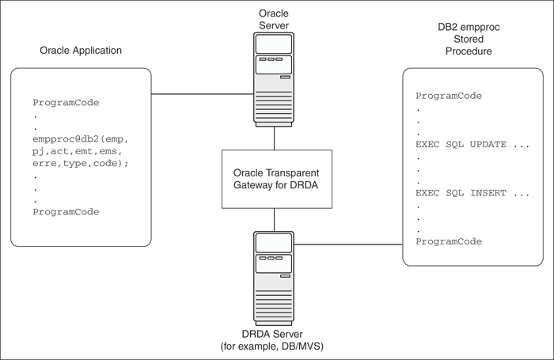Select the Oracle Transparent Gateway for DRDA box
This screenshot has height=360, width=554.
coord(275,179)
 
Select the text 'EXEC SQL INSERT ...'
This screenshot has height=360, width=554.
coord(472,192)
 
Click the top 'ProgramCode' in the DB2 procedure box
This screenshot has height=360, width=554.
coord(449,96)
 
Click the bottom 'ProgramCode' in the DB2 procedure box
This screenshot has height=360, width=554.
coord(449,241)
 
